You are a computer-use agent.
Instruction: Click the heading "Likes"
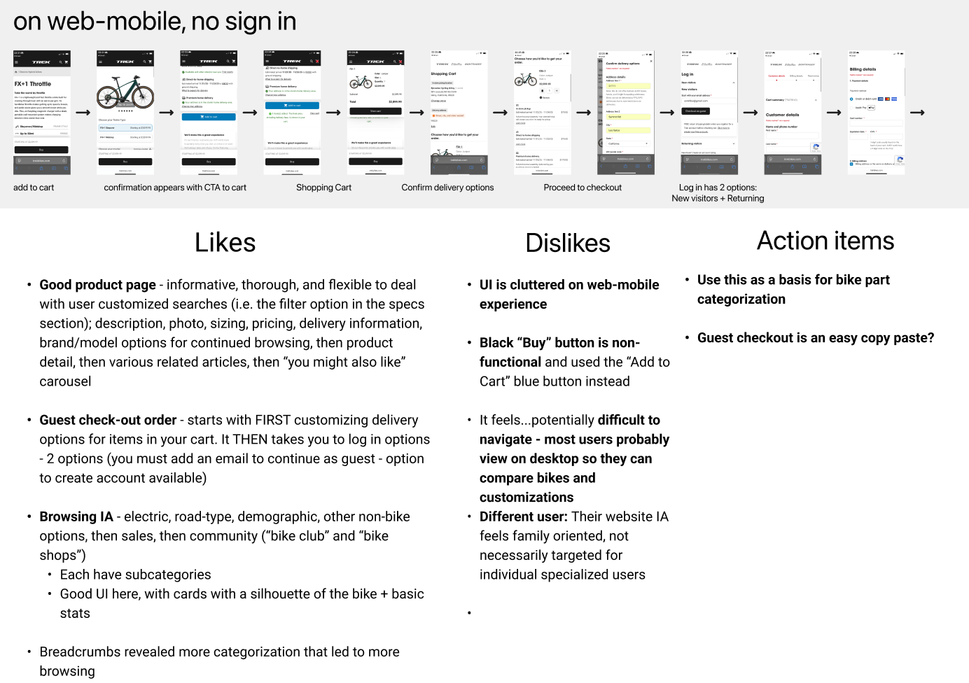(225, 243)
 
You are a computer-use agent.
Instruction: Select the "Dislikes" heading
(567, 243)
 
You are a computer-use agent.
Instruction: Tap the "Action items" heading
(825, 241)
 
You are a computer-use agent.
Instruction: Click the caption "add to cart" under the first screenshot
(34, 188)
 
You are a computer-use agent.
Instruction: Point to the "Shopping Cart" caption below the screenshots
(323, 188)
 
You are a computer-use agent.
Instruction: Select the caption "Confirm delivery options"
(447, 188)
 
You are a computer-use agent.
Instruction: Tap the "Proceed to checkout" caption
(583, 188)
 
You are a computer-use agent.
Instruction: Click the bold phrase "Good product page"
(97, 285)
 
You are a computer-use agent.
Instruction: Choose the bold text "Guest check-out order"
(108, 420)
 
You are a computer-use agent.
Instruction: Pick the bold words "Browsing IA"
(76, 516)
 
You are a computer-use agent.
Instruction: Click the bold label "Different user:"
(523, 516)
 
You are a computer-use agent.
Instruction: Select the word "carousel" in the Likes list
(65, 381)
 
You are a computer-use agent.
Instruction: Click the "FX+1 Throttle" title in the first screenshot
(33, 84)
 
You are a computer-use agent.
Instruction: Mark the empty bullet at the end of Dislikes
(469, 613)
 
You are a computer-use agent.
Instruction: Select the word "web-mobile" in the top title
(117, 22)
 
